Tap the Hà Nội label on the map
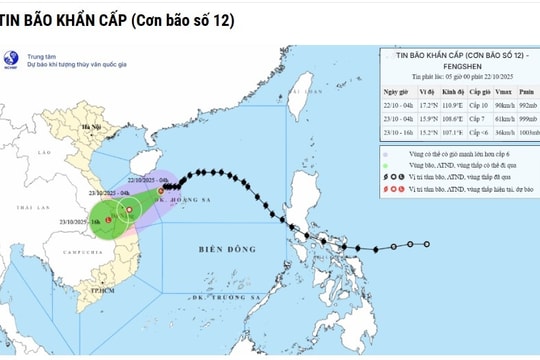pos(94,129)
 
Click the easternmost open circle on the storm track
pos(427,244)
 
